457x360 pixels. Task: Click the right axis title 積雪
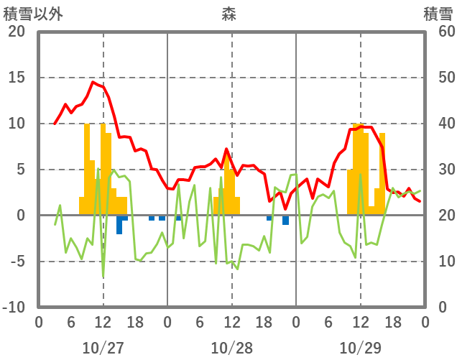pos(437,14)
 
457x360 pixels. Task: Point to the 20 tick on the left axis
pos(17,32)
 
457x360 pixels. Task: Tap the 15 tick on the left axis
pos(17,78)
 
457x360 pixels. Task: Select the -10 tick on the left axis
pos(14,308)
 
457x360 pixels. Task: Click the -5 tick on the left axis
pos(17,262)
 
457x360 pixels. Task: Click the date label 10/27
pos(103,348)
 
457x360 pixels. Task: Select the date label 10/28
pos(231,348)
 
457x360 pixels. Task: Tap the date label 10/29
pos(360,348)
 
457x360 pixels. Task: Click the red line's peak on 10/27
pos(92,82)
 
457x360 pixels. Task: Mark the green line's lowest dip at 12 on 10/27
pos(103,277)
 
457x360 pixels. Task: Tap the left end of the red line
pos(55,124)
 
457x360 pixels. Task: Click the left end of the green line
pos(55,225)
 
